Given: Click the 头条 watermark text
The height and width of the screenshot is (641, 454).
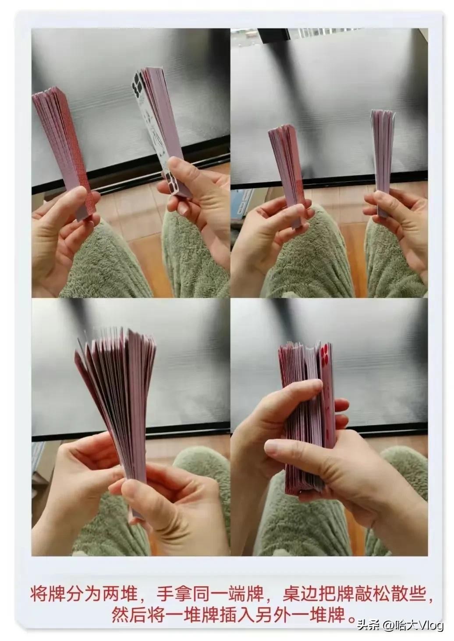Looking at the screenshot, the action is coord(366,624).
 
